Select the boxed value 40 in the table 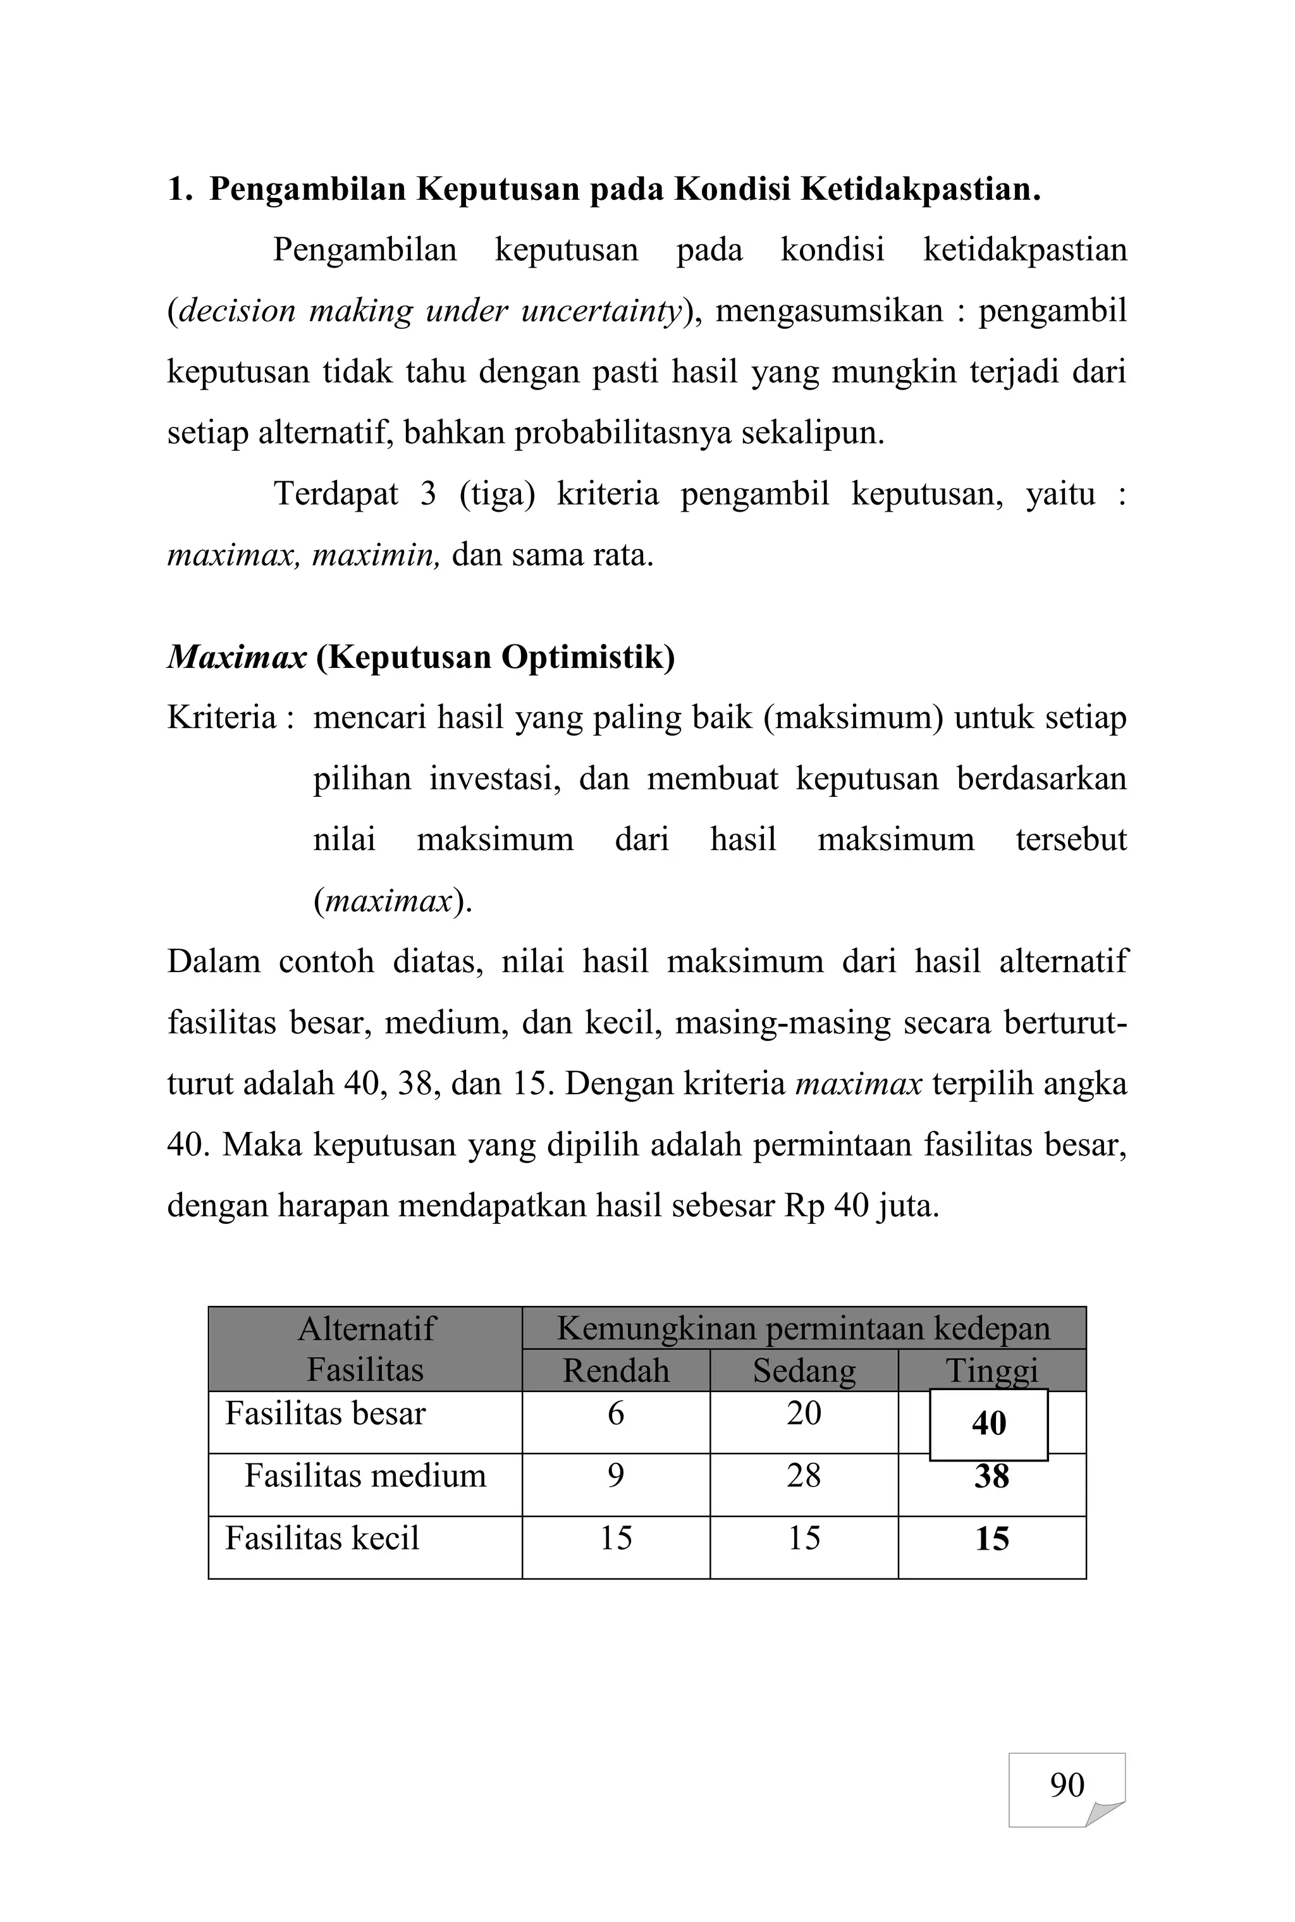(988, 1423)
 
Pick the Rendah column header (615, 1371)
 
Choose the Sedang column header (804, 1371)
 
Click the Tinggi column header (991, 1371)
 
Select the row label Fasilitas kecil (322, 1538)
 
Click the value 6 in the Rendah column (615, 1414)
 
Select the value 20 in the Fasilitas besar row (804, 1414)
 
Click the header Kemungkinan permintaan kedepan (804, 1328)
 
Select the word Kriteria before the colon (221, 717)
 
